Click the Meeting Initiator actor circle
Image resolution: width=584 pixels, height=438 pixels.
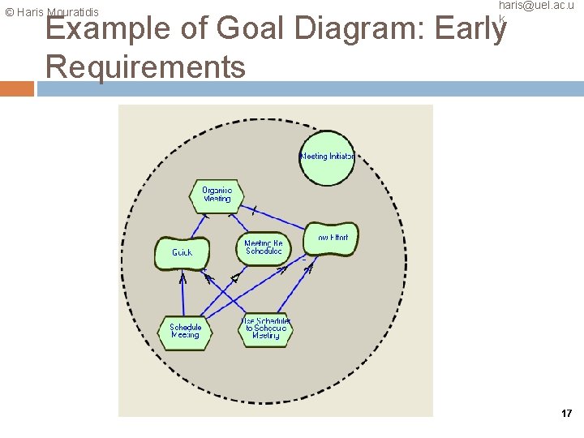coord(327,157)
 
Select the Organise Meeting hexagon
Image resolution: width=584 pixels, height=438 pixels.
coord(217,195)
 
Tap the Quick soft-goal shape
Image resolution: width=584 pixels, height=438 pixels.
coord(182,253)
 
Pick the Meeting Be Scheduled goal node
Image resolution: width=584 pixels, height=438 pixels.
coord(264,247)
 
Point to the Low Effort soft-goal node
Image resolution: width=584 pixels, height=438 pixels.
coord(331,238)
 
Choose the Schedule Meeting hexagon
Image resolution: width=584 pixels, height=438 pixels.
coord(185,332)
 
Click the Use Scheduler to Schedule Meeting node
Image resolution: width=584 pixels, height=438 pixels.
coord(265,329)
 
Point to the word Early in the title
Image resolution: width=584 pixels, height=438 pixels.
coord(471,30)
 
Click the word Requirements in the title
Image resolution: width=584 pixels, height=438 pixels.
coord(146,67)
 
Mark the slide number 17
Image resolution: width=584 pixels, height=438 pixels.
coord(566,414)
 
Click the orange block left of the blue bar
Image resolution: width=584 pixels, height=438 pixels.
coord(17,88)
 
